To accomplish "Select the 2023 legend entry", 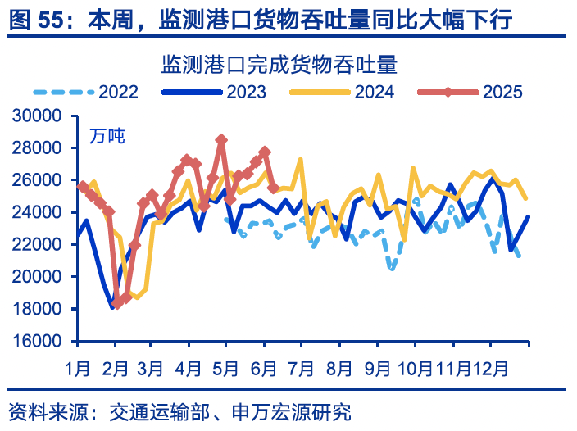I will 215,92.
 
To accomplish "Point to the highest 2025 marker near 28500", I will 221,140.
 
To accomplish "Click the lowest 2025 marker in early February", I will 117,303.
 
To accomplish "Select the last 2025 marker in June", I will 274,188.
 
